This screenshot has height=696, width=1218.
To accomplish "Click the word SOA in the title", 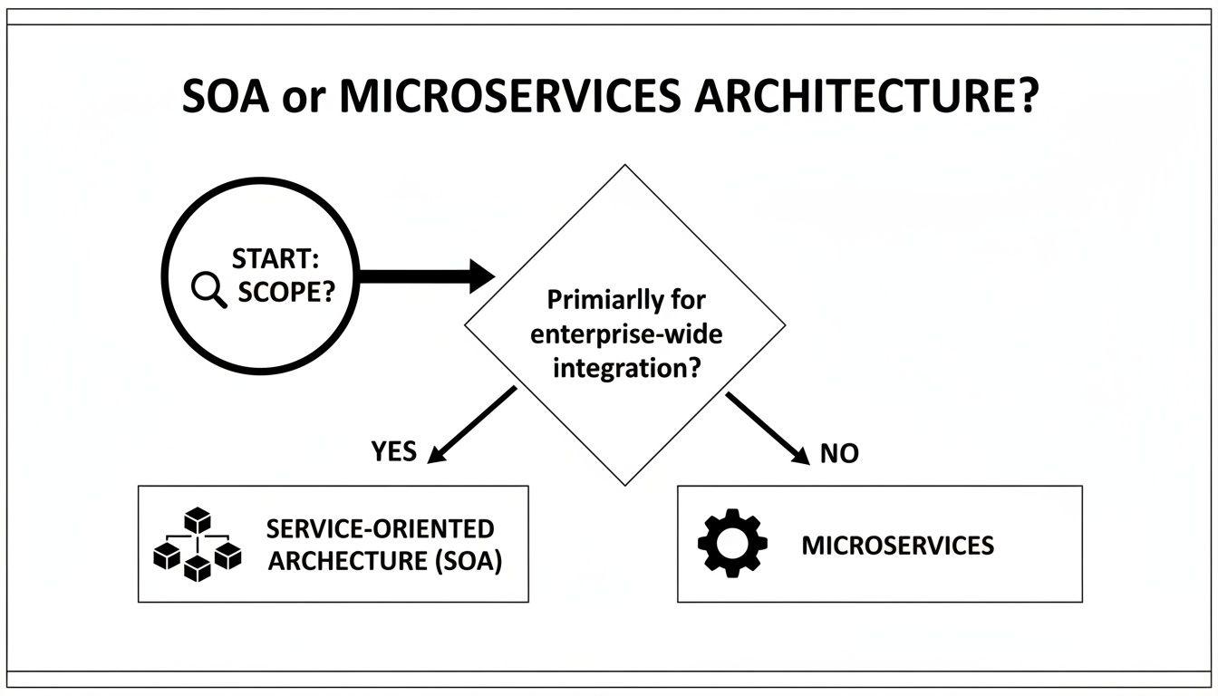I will pyautogui.click(x=225, y=96).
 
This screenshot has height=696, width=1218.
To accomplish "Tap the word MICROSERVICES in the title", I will pyautogui.click(x=509, y=96).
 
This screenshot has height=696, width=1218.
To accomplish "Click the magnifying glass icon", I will pyautogui.click(x=210, y=290).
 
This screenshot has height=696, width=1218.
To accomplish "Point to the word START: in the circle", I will pyautogui.click(x=275, y=259).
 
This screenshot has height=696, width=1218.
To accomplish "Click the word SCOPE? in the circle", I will pyautogui.click(x=282, y=293).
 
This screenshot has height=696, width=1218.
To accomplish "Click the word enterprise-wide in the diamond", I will pyautogui.click(x=626, y=334).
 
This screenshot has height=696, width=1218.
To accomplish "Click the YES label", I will pyautogui.click(x=394, y=450).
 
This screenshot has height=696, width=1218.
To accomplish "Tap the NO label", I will pyautogui.click(x=838, y=453).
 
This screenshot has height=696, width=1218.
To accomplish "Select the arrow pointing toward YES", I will pyautogui.click(x=471, y=424).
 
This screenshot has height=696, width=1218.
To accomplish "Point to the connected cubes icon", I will pyautogui.click(x=197, y=545).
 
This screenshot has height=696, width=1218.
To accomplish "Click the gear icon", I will pyautogui.click(x=732, y=544).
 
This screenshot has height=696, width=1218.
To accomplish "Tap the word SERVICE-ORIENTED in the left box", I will pyautogui.click(x=380, y=529).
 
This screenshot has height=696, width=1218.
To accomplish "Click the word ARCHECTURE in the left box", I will pyautogui.click(x=348, y=561).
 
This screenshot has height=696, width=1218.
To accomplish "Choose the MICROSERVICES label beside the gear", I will pyautogui.click(x=897, y=546).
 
